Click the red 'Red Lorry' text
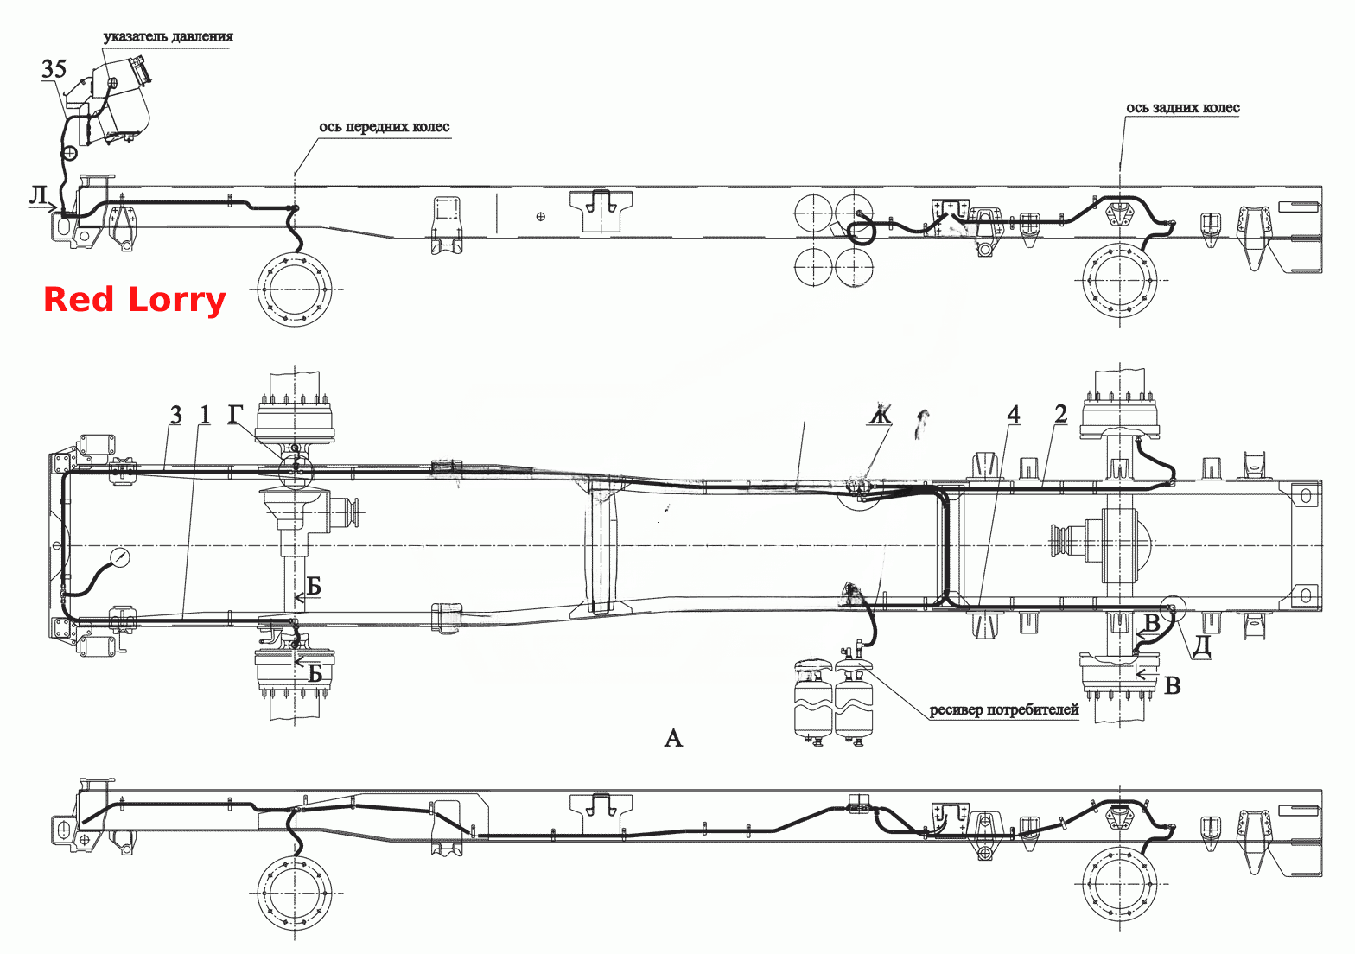click(x=134, y=300)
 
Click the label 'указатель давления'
click(x=169, y=36)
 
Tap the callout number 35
click(x=54, y=69)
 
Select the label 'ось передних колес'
click(x=384, y=127)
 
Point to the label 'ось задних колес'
click(x=1182, y=108)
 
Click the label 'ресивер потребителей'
click(x=1004, y=709)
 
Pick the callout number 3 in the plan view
click(x=175, y=415)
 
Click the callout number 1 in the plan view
click(x=205, y=415)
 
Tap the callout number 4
click(x=1013, y=415)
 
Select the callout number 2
click(x=1061, y=414)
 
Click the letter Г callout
click(x=236, y=414)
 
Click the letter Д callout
click(x=1203, y=646)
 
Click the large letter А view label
click(x=673, y=738)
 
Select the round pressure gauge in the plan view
click(x=121, y=557)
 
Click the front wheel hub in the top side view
click(x=295, y=289)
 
